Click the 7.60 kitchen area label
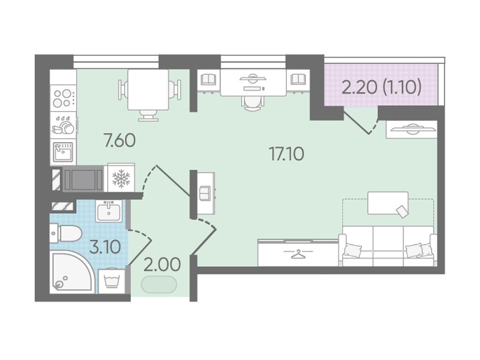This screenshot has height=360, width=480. click(120, 142)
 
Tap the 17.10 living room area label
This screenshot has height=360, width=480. click(286, 154)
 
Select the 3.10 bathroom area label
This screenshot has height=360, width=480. click(105, 247)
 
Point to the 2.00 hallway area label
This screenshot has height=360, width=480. click(162, 265)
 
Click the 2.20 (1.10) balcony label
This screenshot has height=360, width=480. click(382, 87)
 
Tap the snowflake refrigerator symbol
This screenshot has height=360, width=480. click(121, 179)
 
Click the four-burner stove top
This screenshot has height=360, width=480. click(63, 98)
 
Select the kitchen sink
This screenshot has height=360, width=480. click(63, 152)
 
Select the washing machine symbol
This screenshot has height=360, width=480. click(112, 281)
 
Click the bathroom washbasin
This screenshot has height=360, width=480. click(109, 211)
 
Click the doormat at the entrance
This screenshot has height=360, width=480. click(159, 285)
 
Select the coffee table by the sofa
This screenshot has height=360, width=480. click(388, 203)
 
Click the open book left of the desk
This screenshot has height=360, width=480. click(209, 79)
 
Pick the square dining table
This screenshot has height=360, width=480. click(148, 90)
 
